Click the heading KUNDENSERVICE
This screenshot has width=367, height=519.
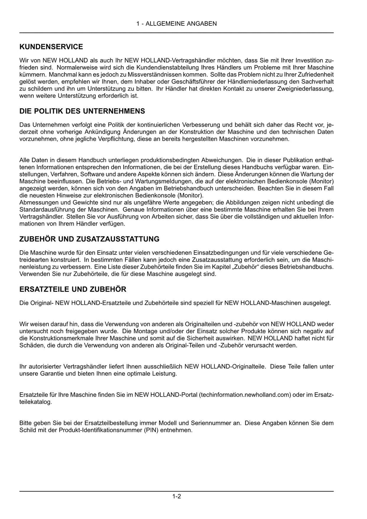51,47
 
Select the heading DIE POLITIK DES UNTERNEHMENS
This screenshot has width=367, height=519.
82,111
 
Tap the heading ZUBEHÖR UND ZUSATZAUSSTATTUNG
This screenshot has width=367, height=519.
89,239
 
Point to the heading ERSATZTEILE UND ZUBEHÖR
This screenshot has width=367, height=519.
73,289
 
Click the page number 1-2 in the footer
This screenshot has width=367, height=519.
176,496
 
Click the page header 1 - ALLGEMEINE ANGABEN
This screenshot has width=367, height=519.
176,24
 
